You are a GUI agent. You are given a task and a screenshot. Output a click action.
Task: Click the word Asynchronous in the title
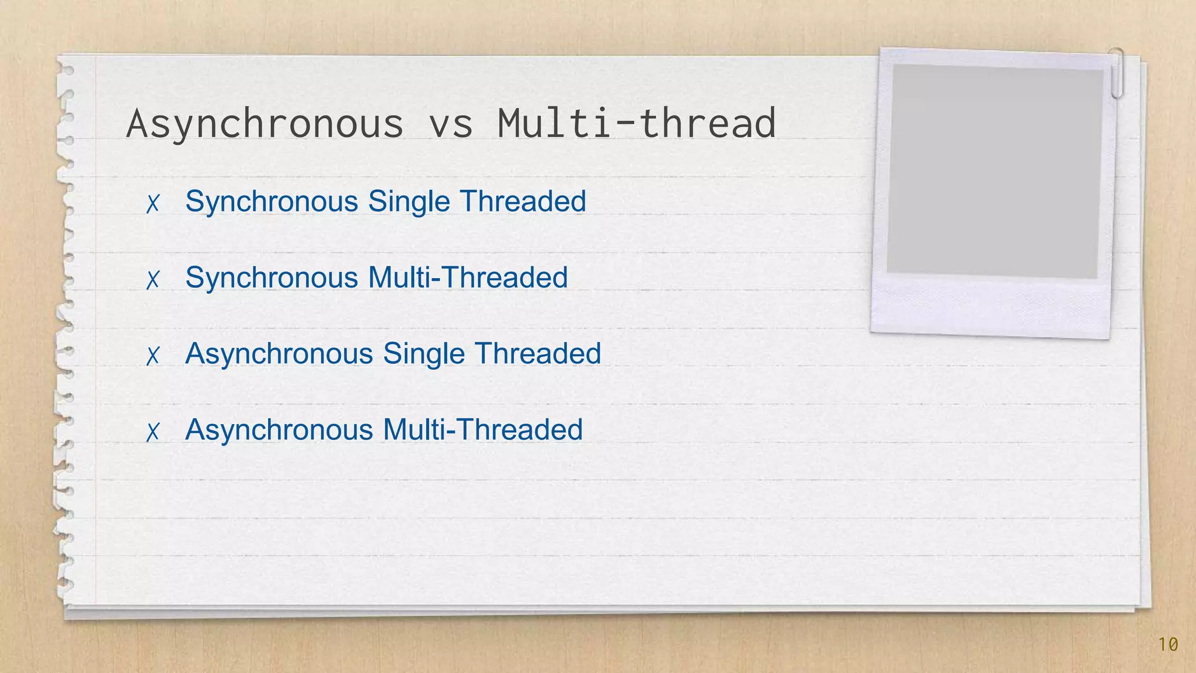point(265,123)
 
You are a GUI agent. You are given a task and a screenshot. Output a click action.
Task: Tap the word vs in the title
point(450,124)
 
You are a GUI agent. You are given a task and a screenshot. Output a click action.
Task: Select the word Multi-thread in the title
point(637,123)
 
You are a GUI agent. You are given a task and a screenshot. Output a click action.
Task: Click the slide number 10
point(1168,644)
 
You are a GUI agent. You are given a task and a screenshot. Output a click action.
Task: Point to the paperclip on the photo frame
point(1117,73)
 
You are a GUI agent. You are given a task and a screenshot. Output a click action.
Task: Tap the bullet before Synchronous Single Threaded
point(153,203)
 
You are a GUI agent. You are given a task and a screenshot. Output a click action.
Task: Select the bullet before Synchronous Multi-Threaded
point(153,279)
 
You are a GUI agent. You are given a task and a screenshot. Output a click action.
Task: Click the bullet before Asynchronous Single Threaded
point(153,355)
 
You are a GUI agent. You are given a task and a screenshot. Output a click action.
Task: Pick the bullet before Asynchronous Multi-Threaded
point(153,432)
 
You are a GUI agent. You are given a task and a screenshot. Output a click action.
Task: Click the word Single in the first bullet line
point(409,202)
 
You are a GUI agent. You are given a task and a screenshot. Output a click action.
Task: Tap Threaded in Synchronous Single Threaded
point(523,201)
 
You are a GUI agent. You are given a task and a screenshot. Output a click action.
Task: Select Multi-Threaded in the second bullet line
point(468,277)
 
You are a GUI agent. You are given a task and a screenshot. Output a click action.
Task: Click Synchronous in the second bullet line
point(272,277)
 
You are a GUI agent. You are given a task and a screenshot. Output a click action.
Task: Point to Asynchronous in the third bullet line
point(279,353)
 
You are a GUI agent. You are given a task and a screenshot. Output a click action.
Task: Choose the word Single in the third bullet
point(423,353)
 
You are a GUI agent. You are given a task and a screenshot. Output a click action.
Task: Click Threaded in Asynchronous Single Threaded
point(537,353)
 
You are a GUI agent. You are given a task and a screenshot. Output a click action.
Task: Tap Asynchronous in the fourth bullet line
point(279,430)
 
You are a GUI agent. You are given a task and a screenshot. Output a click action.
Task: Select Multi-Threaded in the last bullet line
point(482,430)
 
